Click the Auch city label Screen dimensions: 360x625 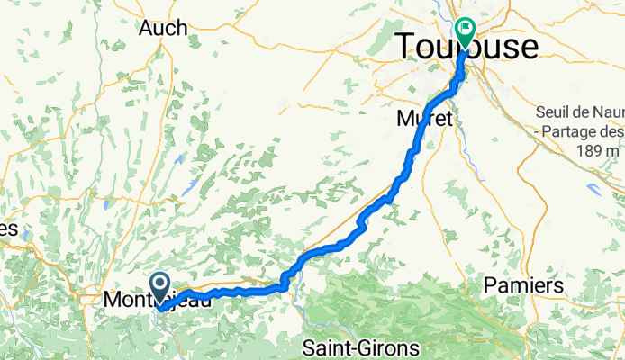click(x=163, y=28)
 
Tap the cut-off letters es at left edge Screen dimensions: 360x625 click(x=8, y=229)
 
